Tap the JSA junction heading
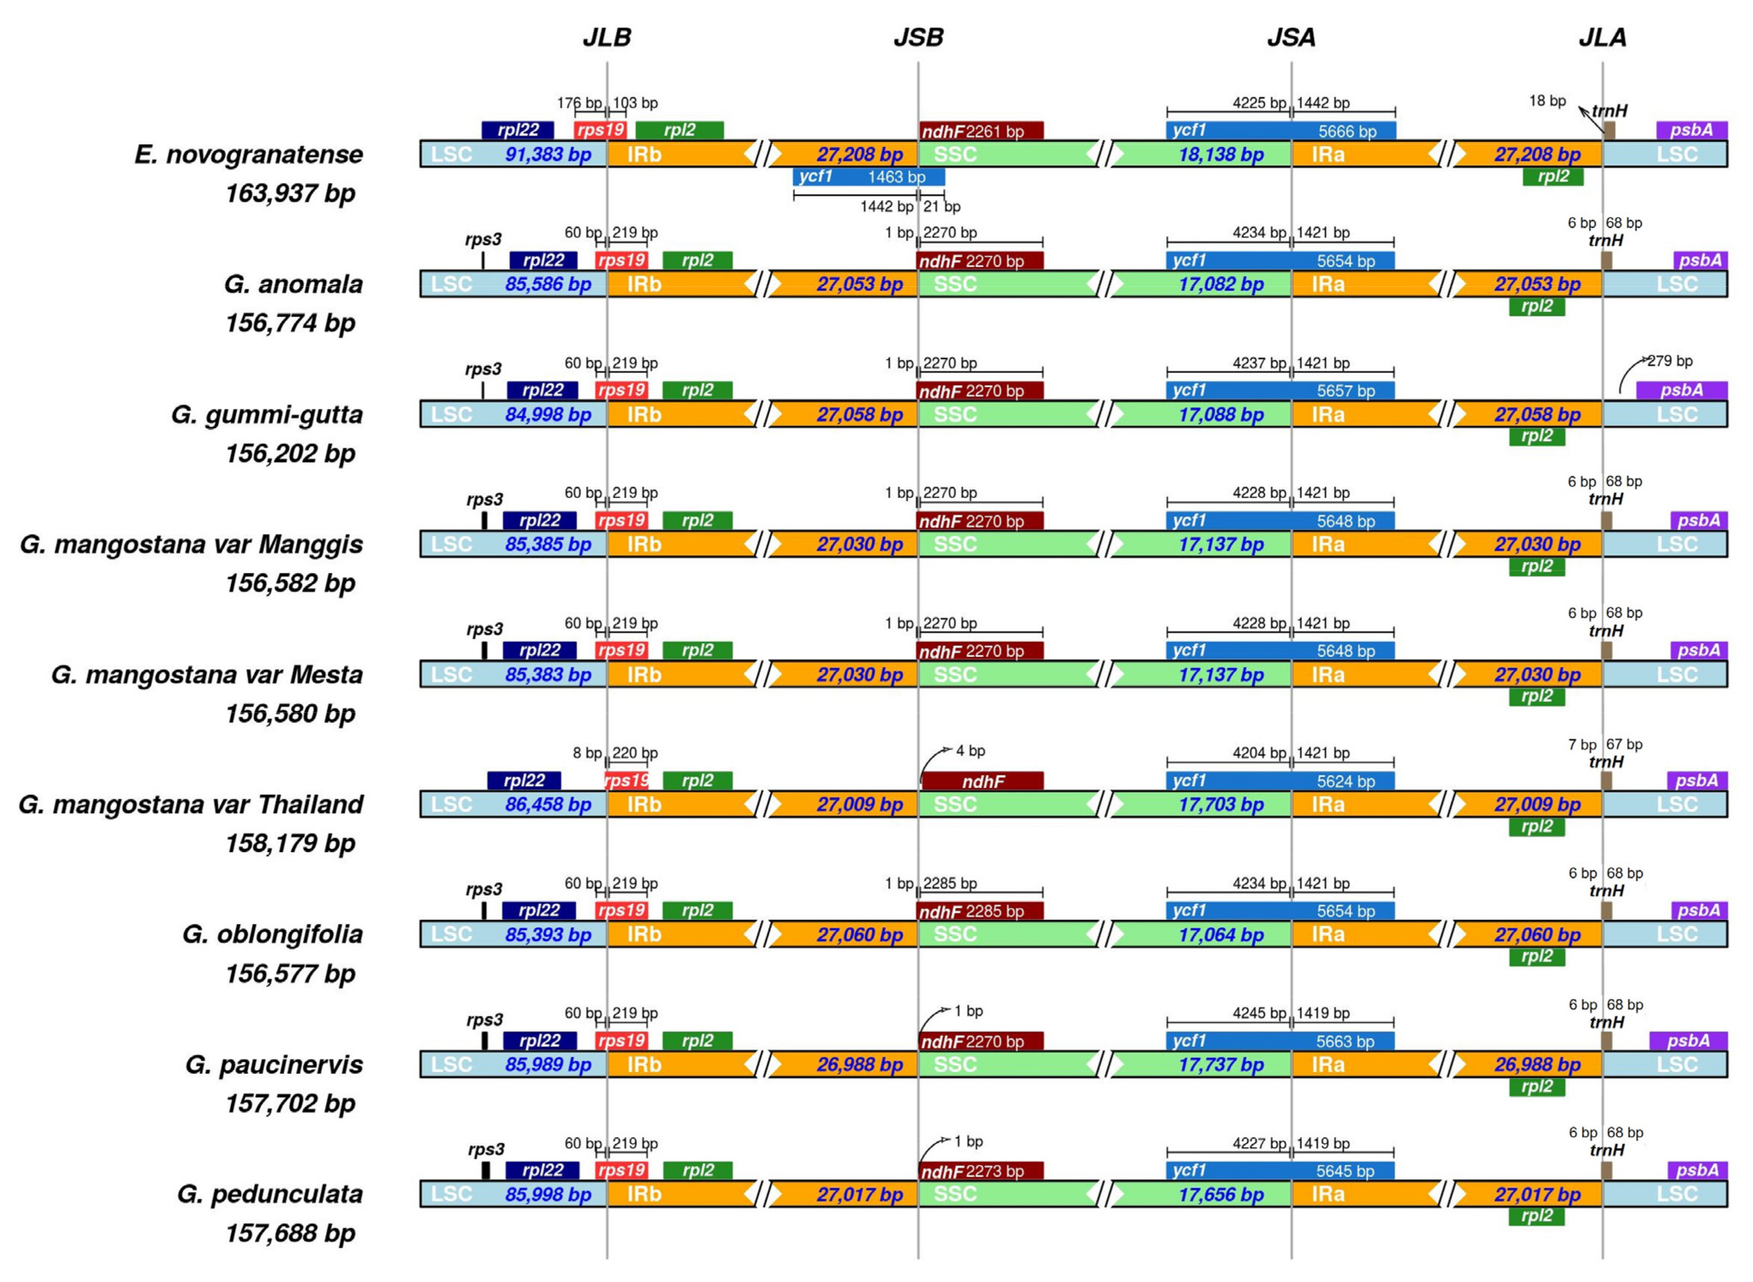[x=1291, y=37]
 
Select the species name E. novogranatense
[x=249, y=154]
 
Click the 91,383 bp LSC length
[x=548, y=154]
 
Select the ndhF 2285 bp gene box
[x=980, y=911]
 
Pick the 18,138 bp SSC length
[x=1221, y=154]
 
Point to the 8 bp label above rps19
[x=587, y=753]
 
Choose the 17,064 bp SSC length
[x=1221, y=934]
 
